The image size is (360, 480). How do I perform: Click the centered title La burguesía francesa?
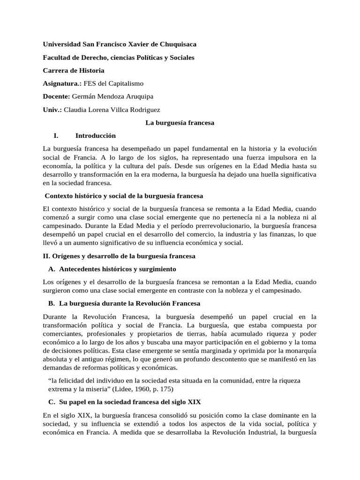coord(180,123)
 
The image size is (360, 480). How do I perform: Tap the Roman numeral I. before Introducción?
coord(56,136)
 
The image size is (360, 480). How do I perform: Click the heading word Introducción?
coord(95,136)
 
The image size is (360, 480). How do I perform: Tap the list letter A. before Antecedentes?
coord(52,269)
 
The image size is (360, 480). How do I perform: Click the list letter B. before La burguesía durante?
coord(52,303)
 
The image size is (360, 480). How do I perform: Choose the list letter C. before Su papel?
coord(52,402)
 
